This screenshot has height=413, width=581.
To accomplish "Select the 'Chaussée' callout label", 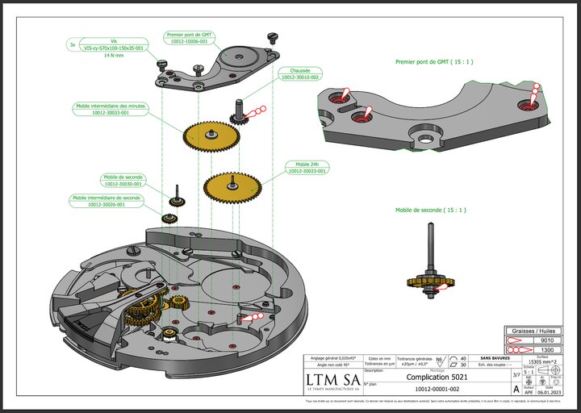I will click(x=299, y=73).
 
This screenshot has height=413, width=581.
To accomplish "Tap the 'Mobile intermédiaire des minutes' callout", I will click(x=111, y=109).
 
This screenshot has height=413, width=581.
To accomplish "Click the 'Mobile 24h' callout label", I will click(x=307, y=167).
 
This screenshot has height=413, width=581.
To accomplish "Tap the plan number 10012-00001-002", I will click(x=437, y=389).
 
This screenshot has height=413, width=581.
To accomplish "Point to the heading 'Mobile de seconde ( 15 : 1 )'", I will click(x=430, y=210).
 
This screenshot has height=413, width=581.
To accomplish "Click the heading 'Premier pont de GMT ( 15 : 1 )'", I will click(x=434, y=61).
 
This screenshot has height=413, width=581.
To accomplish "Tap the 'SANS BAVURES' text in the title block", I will click(x=495, y=357).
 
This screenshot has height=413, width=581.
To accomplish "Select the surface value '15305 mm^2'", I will click(x=541, y=361).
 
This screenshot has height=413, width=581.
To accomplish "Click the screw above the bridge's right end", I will click(x=272, y=35).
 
